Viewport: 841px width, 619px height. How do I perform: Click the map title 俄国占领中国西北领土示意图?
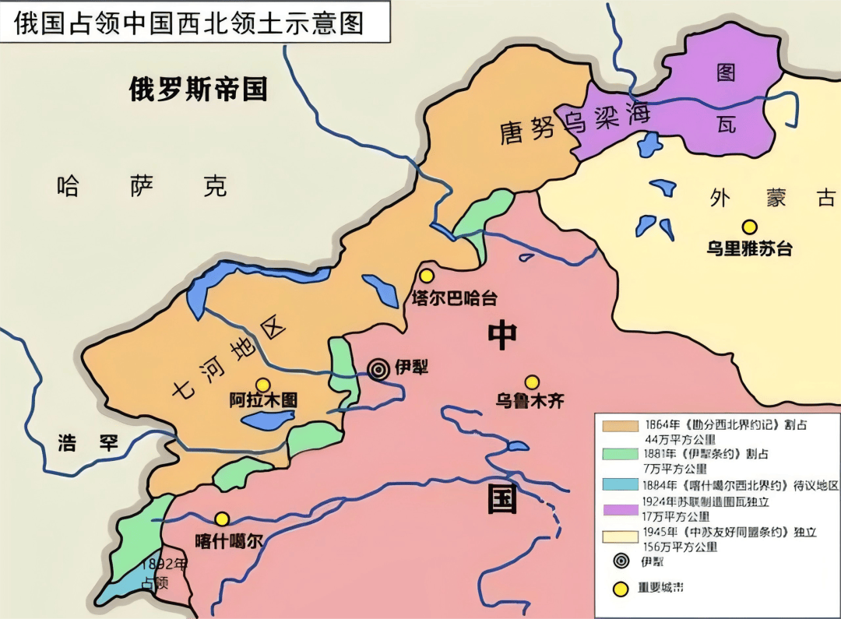[x=189, y=23]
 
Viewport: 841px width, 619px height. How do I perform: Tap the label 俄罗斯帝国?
[x=198, y=90]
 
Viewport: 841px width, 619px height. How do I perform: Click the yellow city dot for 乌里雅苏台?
[x=749, y=227]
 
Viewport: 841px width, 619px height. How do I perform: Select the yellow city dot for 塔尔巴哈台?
[x=427, y=276]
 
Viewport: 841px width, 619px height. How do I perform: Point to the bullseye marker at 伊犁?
[x=379, y=369]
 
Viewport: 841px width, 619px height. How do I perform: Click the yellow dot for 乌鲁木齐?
[x=532, y=382]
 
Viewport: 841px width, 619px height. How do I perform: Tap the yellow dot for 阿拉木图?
[x=263, y=384]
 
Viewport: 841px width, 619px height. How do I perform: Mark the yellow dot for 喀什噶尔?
[x=223, y=519]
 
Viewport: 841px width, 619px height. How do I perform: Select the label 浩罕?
[x=88, y=443]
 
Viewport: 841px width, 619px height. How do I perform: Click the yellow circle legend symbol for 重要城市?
[x=621, y=589]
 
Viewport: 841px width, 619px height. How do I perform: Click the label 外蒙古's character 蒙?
[x=776, y=198]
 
